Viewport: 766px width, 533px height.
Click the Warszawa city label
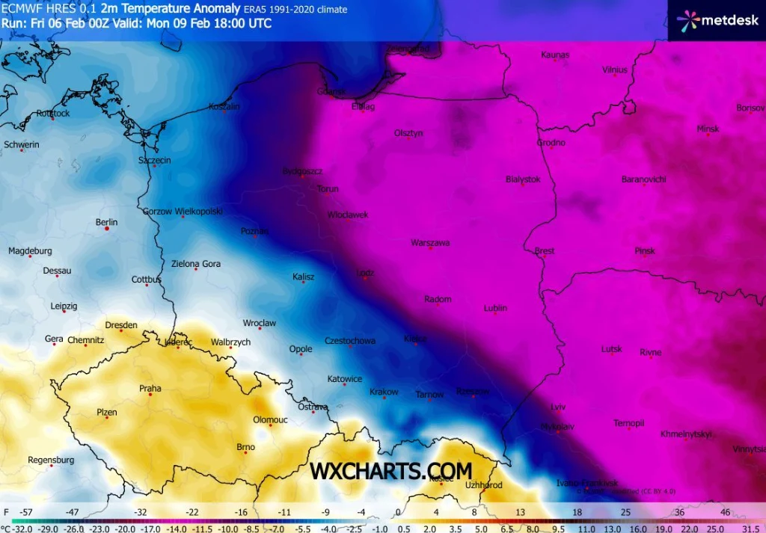coord(430,243)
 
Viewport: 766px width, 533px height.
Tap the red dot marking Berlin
coord(107,229)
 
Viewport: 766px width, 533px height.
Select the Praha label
coord(150,388)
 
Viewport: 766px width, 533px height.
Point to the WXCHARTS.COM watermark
coord(391,471)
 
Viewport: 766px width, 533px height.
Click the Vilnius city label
coord(614,70)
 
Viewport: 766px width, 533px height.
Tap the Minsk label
coord(708,129)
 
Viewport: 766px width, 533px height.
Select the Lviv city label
coord(558,406)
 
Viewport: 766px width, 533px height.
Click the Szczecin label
coord(155,160)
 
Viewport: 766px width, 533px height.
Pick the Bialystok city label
coord(523,179)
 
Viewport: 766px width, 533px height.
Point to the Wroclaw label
coord(260,324)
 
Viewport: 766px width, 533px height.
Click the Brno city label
coord(245,447)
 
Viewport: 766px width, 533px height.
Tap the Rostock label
coord(53,114)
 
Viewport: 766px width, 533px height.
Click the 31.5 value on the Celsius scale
coord(750,528)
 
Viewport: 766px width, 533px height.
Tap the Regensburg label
coord(51,460)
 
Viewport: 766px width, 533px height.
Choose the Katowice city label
coord(345,379)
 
